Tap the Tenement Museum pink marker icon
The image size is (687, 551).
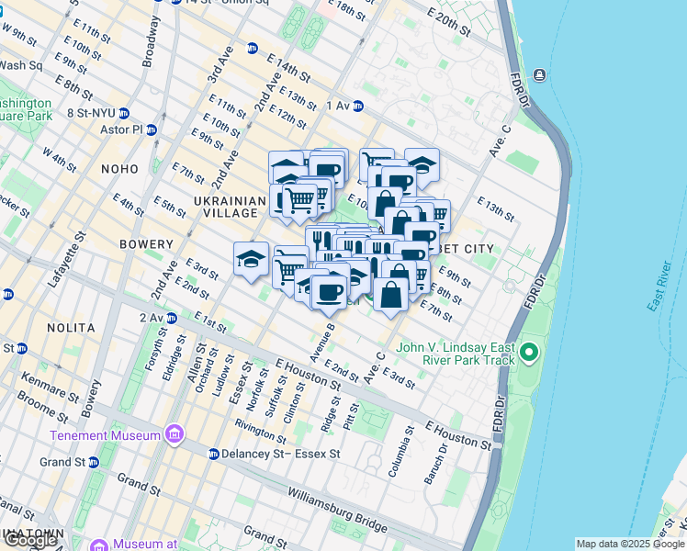(175, 433)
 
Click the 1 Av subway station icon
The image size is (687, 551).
(358, 106)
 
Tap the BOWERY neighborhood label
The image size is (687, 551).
(146, 244)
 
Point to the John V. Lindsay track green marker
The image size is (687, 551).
(529, 352)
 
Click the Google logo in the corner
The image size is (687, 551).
(30, 540)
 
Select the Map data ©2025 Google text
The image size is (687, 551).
(630, 544)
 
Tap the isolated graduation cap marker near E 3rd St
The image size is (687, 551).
(251, 260)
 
